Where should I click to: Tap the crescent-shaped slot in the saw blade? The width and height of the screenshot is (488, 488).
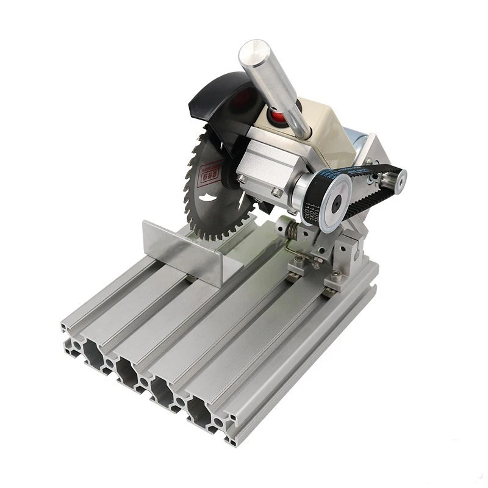coord(210,201)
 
